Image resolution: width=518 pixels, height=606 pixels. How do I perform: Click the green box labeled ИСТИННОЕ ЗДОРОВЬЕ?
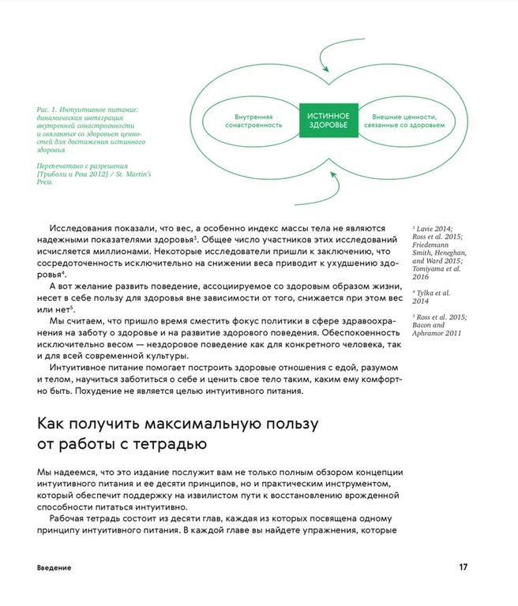328,120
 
